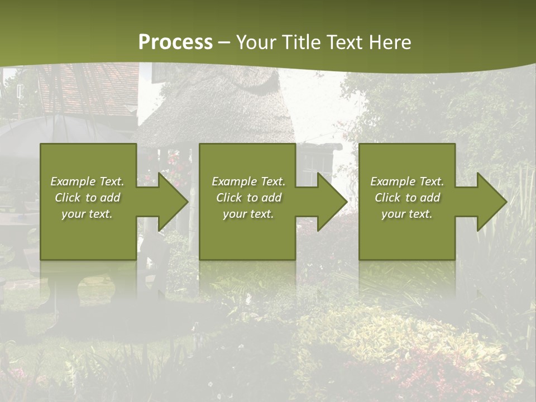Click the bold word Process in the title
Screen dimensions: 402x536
175,42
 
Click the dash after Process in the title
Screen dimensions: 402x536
224,43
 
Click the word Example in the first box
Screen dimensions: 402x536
73,181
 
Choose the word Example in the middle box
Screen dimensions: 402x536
234,181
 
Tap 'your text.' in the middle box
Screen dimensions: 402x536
248,214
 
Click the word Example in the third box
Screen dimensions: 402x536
393,181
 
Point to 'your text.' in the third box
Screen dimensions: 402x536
407,214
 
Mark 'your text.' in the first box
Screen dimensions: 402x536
87,214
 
